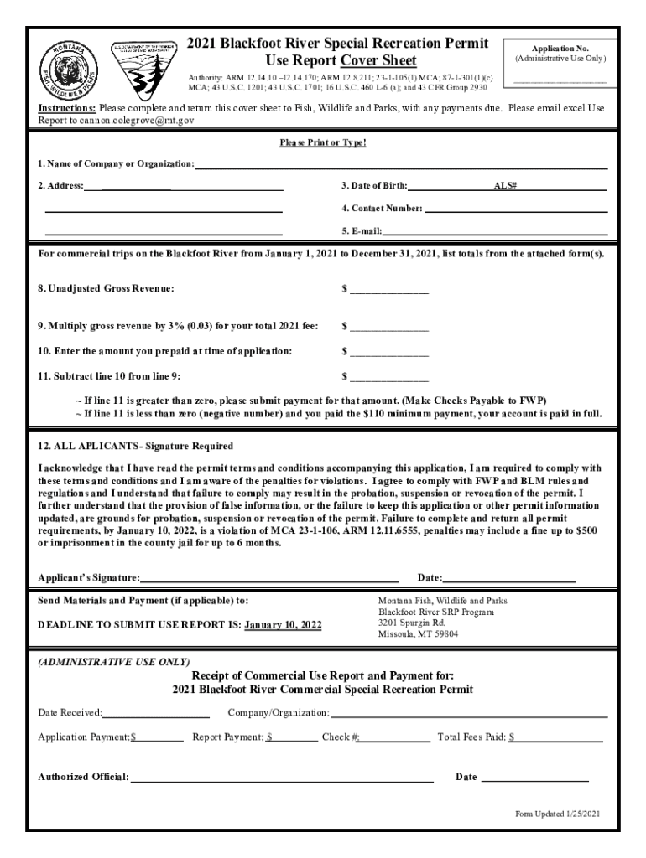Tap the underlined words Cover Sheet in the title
coord(378,60)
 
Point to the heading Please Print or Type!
coord(323,142)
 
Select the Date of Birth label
coord(374,185)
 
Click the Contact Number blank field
coord(515,208)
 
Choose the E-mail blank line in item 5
coord(495,230)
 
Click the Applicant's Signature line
coord(269,578)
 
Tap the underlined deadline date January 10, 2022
coord(283,625)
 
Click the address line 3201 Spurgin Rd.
coord(412,623)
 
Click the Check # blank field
coord(395,738)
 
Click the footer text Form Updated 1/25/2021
coord(557,814)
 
